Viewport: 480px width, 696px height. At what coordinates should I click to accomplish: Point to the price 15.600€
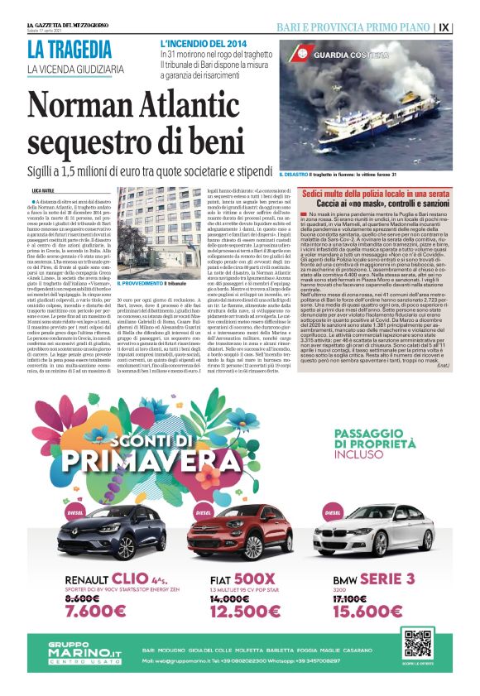click(368, 611)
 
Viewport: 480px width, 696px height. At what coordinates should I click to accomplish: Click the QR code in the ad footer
click(417, 643)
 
